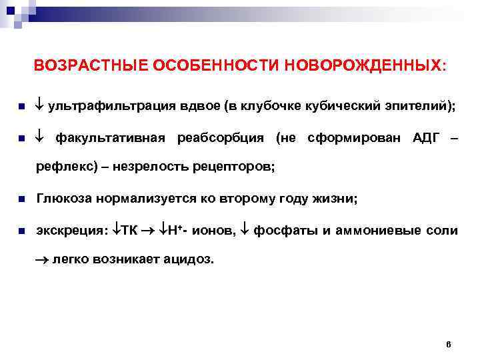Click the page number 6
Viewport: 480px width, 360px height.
point(448,344)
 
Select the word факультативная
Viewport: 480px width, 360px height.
point(110,138)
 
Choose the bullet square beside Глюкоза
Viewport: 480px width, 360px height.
point(22,199)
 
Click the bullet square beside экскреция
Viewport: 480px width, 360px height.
point(22,231)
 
